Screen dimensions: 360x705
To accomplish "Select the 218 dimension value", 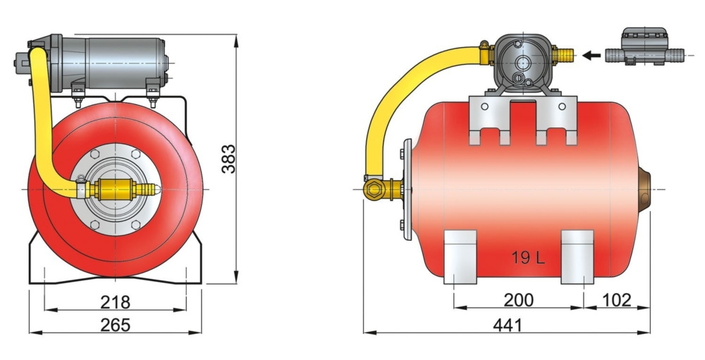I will [115, 302].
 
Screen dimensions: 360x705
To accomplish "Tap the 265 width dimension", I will [115, 325].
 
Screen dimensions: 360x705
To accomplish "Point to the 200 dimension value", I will [518, 300].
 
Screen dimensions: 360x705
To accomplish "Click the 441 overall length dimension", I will [507, 325].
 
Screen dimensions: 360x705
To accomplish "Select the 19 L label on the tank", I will [528, 258].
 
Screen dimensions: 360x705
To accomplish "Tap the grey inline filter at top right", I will [644, 46].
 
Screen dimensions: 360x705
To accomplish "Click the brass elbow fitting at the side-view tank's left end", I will [374, 188].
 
